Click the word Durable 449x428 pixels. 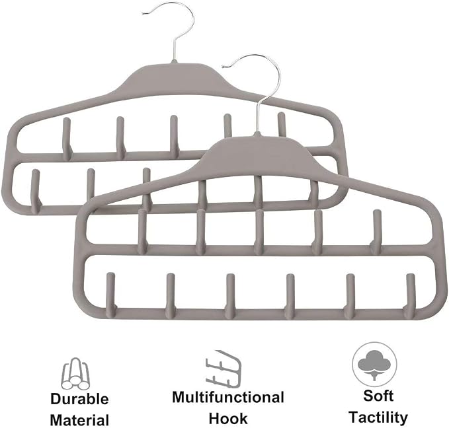(x=79, y=399)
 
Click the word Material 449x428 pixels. (x=79, y=420)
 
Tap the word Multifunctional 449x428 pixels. (x=228, y=397)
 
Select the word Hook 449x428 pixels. (x=228, y=418)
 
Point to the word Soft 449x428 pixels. (x=378, y=396)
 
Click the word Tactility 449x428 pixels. (x=378, y=417)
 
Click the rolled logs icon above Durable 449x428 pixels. (x=75, y=373)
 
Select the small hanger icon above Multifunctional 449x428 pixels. (x=224, y=369)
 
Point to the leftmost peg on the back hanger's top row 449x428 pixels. (x=67, y=138)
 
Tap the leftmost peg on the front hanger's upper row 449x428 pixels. (x=142, y=231)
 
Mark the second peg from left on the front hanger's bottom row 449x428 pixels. (x=171, y=295)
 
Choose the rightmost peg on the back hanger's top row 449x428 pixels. (x=282, y=125)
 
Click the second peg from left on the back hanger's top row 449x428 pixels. (x=120, y=137)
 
